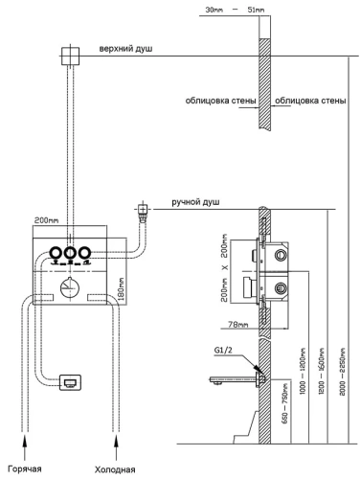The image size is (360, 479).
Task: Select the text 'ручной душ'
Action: [x=197, y=202]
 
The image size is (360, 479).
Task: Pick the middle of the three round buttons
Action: [x=70, y=254]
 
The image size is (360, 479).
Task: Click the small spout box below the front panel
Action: [x=70, y=383]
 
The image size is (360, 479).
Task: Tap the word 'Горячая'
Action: [x=25, y=469]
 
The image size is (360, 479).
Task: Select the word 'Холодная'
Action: [x=112, y=469]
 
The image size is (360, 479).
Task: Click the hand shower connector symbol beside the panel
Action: [x=144, y=208]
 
